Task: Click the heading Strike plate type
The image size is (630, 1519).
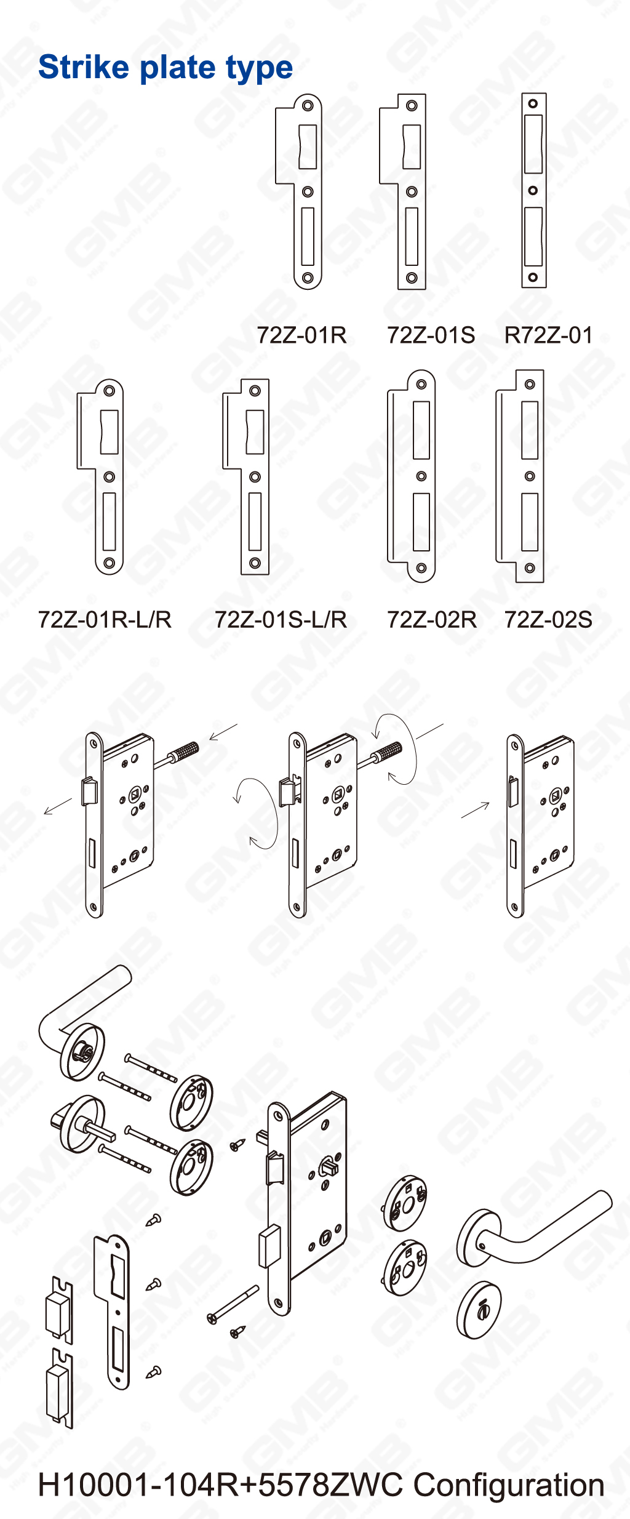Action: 165,68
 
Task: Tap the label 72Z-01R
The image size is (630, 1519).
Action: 301,335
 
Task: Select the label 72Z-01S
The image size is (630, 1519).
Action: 431,335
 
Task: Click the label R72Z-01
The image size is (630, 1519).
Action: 548,335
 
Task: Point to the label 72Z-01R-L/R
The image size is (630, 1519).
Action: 105,619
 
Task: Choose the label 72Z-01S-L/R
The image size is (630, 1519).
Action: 281,619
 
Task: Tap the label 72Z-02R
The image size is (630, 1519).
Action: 431,619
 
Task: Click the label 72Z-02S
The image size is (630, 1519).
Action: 548,619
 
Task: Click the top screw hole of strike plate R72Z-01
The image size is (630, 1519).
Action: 533,103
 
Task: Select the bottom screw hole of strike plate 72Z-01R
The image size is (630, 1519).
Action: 308,278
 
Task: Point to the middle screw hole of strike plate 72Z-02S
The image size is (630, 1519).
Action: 530,476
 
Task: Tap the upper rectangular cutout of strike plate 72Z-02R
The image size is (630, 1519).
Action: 421,430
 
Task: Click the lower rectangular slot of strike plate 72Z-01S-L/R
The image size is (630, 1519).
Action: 255,521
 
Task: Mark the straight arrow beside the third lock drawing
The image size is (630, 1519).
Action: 476,811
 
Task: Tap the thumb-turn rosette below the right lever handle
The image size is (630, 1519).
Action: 479,1309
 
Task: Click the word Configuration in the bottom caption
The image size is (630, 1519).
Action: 509,1485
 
